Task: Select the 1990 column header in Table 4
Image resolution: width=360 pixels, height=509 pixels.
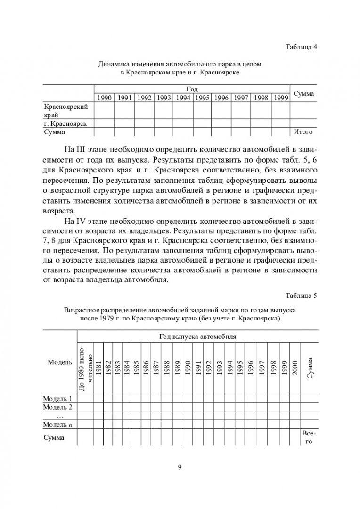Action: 104,98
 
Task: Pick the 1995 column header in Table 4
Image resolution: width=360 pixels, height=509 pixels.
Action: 202,98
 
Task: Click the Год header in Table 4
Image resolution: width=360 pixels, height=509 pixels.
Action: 192,89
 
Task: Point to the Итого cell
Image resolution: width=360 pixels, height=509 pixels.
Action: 303,132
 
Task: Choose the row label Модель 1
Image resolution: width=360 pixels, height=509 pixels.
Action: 57,398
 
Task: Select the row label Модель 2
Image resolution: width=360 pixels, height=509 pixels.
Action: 57,407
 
